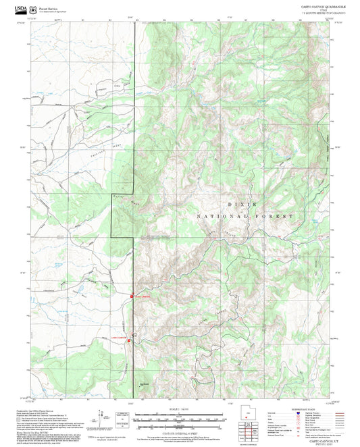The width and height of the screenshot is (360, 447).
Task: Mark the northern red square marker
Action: click(x=132, y=295)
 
